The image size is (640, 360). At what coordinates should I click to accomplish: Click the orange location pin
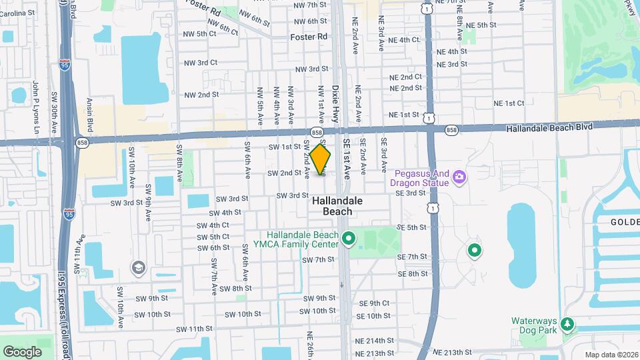[x=320, y=159]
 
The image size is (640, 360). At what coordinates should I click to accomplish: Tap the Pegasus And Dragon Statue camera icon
[x=459, y=177]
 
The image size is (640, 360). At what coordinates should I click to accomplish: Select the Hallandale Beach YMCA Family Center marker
[x=347, y=238]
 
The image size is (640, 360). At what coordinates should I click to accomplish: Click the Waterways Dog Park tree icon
[x=567, y=324]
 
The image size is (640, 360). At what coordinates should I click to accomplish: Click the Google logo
[x=23, y=351]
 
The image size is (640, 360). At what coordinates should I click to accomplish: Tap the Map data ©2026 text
[x=611, y=355]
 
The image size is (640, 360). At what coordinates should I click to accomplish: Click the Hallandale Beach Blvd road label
[x=549, y=128]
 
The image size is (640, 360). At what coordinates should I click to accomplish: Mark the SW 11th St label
[x=194, y=329]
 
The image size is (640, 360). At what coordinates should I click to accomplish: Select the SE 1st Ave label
[x=347, y=161]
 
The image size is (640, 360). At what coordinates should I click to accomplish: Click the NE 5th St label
[x=481, y=25]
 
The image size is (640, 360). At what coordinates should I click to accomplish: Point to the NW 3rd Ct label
[x=203, y=63]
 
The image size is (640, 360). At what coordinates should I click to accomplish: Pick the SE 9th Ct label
[x=374, y=303]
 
